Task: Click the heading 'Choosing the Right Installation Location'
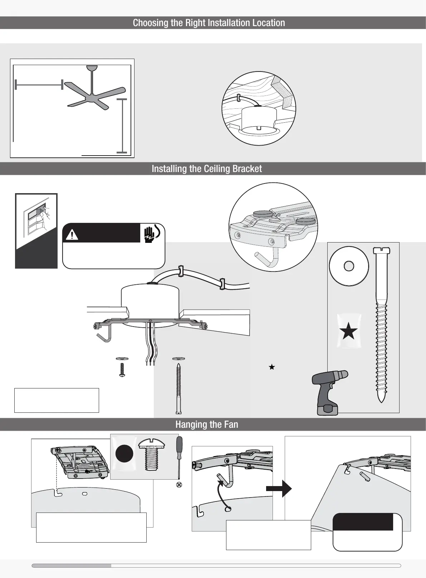209,23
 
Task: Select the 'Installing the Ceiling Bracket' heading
207,169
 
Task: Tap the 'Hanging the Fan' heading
207,425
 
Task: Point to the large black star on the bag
348,332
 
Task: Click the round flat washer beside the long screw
349,266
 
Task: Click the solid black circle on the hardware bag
124,454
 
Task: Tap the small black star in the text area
272,367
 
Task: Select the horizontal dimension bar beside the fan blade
39,85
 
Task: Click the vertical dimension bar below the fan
122,126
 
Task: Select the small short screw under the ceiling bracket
122,369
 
